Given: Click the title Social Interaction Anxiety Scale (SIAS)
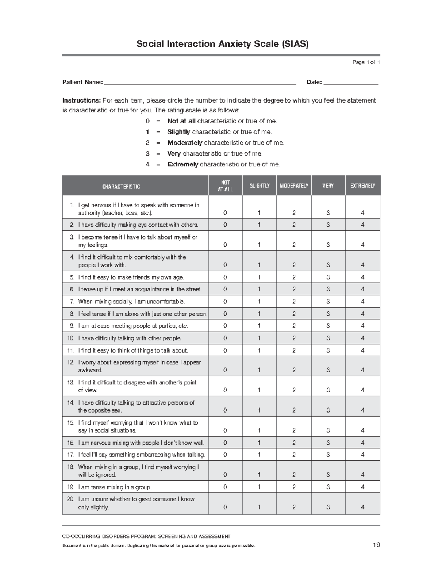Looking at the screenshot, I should pos(222,44).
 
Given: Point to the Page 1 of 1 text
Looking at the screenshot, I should pos(366,62).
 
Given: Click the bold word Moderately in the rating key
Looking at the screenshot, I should pos(185,143).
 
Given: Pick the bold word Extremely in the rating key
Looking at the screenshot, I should pos(182,164).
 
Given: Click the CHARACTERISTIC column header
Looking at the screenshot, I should pos(121,187).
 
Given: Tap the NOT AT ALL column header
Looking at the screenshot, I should pos(225,186).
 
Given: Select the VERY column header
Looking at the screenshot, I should pos(328,186).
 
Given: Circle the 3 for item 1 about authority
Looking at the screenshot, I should pos(328,213).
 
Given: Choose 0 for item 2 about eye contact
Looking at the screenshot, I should pos(225,225).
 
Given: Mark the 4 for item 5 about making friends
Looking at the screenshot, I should pos(362,277).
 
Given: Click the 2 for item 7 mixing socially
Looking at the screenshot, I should pos(294,302).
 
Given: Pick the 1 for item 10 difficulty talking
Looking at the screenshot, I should pos(259,338).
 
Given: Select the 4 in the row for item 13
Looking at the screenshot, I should pos(362,390).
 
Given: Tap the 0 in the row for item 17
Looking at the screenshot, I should pos(225,455).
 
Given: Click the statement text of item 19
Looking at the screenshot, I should pos(115,487).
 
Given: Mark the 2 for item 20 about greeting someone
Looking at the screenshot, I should pos(294,507).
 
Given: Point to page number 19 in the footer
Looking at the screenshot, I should pos(376,545).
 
